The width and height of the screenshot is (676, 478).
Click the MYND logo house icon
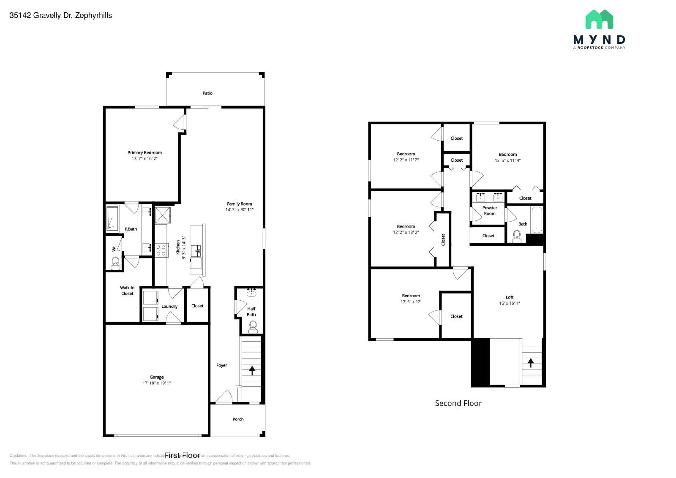pyautogui.click(x=599, y=19)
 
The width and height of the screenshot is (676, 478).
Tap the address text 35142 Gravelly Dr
pyautogui.click(x=60, y=16)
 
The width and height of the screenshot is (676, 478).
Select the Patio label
pyautogui.click(x=207, y=93)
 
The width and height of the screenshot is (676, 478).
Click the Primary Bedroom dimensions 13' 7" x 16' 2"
pyautogui.click(x=144, y=159)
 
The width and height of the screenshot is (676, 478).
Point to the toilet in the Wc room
pyautogui.click(x=115, y=264)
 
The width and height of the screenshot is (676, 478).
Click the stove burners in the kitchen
pyautogui.click(x=161, y=250)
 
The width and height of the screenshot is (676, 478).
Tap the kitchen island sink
pyautogui.click(x=196, y=250)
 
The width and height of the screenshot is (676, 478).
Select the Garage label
pyautogui.click(x=156, y=377)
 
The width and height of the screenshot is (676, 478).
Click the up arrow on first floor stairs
pyautogui.click(x=252, y=370)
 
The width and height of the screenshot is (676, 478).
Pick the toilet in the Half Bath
pyautogui.click(x=253, y=326)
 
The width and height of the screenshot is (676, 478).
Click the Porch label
pyautogui.click(x=238, y=419)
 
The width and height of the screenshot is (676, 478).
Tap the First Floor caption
pyautogui.click(x=183, y=455)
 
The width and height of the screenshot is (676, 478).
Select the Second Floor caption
pyautogui.click(x=458, y=403)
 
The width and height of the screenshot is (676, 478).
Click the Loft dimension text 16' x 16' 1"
pyautogui.click(x=510, y=303)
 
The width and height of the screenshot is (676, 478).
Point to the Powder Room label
pyautogui.click(x=490, y=211)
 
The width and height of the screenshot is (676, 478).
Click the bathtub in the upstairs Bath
pyautogui.click(x=537, y=219)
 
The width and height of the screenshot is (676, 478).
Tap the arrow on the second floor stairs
pyautogui.click(x=531, y=362)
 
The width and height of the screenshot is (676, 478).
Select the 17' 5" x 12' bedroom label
pyautogui.click(x=411, y=299)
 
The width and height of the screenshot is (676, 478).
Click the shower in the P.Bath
pyautogui.click(x=112, y=218)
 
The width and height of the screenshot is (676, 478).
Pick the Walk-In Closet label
pyautogui.click(x=127, y=291)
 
